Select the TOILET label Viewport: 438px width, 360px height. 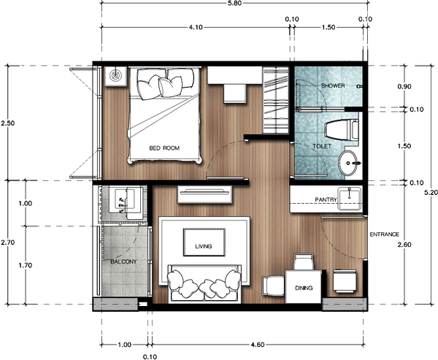pyautogui.click(x=321, y=147)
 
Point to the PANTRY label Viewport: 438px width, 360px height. pyautogui.click(x=326, y=199)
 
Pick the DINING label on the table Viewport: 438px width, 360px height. pyautogui.click(x=304, y=288)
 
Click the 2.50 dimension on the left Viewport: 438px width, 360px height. pyautogui.click(x=7, y=123)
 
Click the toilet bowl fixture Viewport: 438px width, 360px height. pyautogui.click(x=340, y=130)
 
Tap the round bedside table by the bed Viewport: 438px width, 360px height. pyautogui.click(x=116, y=74)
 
